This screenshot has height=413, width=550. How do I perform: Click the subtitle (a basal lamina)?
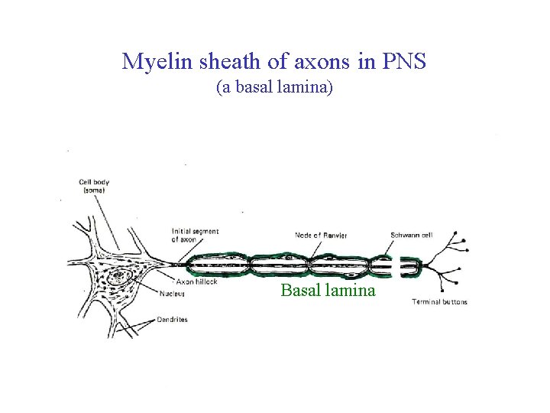[x=274, y=88]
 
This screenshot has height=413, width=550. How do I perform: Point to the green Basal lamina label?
[x=328, y=291]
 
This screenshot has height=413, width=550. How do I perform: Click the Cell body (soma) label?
[x=94, y=186]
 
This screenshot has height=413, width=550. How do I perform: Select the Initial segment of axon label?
[x=195, y=236]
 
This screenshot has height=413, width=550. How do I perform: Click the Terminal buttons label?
[x=439, y=302]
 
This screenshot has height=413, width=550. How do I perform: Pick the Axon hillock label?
[x=197, y=281]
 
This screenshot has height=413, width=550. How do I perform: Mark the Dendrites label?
[x=172, y=320]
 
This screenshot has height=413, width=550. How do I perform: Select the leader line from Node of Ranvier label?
[x=309, y=246]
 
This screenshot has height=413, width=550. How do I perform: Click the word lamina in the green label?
[x=351, y=291]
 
